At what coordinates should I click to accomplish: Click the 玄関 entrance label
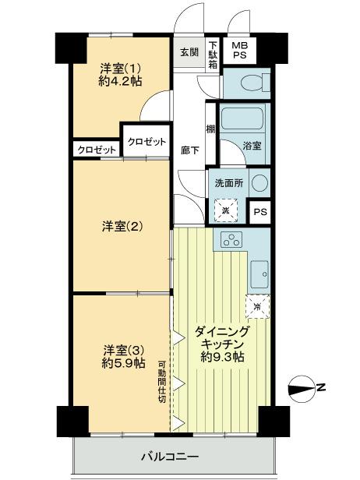[189, 53]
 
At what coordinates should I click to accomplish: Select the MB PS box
[238, 52]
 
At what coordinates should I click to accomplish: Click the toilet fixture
[250, 83]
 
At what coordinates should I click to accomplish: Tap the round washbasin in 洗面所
[259, 182]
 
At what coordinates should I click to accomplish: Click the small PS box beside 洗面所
[258, 211]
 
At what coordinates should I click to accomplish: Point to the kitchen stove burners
[231, 241]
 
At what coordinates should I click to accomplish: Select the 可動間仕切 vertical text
[162, 382]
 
